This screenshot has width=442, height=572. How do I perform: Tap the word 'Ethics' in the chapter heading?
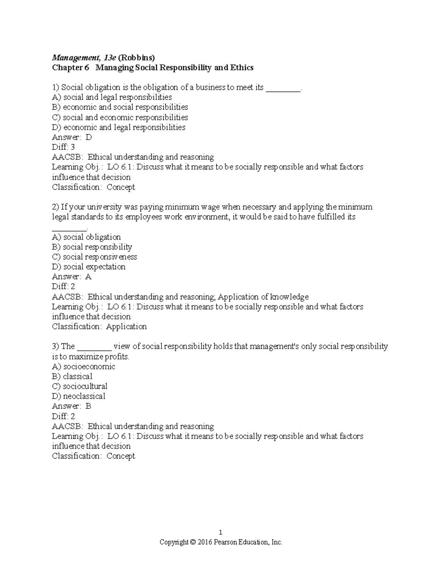pyautogui.click(x=242, y=67)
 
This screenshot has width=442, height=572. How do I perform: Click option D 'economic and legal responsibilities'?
pyautogui.click(x=119, y=127)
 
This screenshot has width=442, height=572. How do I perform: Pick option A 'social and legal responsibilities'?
pyautogui.click(x=112, y=97)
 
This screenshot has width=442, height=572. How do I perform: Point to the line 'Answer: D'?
pyautogui.click(x=72, y=137)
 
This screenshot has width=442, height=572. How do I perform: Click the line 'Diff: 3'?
pyautogui.click(x=63, y=147)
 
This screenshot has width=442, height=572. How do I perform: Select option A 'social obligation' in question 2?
pyautogui.click(x=87, y=237)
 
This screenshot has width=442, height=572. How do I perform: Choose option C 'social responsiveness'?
pyautogui.click(x=94, y=257)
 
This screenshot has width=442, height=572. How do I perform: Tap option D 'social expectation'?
pyautogui.click(x=89, y=267)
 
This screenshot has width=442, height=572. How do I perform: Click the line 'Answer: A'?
pyautogui.click(x=72, y=277)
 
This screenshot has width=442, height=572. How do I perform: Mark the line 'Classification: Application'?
pyautogui.click(x=99, y=326)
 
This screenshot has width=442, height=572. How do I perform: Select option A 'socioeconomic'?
pyautogui.click(x=84, y=366)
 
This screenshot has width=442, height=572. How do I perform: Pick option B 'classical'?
pyautogui.click(x=72, y=376)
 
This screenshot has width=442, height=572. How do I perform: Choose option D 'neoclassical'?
pyautogui.click(x=79, y=396)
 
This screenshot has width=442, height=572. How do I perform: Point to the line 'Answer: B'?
pyautogui.click(x=72, y=406)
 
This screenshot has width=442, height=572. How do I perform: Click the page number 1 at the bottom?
pyautogui.click(x=221, y=532)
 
